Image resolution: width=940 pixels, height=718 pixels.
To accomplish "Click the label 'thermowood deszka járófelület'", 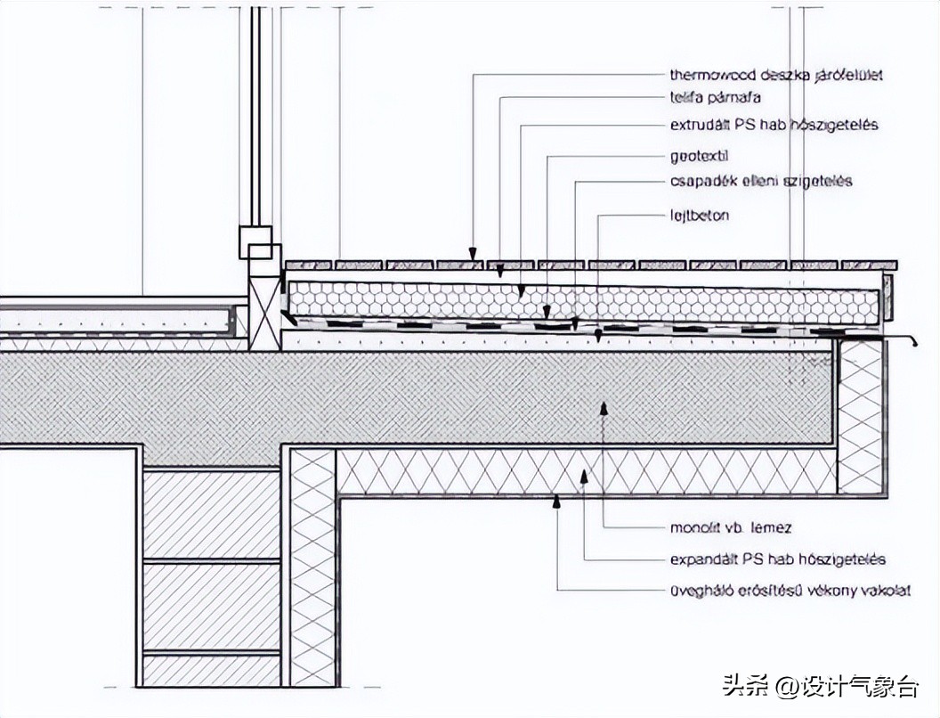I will point(775,76).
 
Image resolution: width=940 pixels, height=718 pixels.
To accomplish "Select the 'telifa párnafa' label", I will point(715,97).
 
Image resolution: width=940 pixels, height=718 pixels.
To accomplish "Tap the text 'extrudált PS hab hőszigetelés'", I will point(774,125).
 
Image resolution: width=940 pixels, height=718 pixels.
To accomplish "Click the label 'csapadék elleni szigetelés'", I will point(761,182).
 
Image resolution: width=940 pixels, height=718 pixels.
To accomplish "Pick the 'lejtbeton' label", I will point(700,216).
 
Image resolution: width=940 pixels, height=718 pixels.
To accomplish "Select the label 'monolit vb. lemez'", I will point(731,527).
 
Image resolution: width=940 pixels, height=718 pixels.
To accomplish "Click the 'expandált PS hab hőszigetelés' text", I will point(777,559).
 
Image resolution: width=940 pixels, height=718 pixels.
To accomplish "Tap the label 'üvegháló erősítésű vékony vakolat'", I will point(790,590).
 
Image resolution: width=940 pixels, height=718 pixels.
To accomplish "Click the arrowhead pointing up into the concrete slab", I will point(604,407).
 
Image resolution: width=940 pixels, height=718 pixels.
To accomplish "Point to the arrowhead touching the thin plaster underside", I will point(557,502).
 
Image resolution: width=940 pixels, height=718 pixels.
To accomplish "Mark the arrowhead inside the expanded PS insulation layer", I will point(584,477).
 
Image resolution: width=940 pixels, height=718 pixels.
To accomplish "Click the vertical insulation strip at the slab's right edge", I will point(859,417).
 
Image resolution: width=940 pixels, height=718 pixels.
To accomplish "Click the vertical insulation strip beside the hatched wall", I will point(312,566).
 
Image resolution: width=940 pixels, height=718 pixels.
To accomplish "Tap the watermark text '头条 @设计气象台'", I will point(820,687).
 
